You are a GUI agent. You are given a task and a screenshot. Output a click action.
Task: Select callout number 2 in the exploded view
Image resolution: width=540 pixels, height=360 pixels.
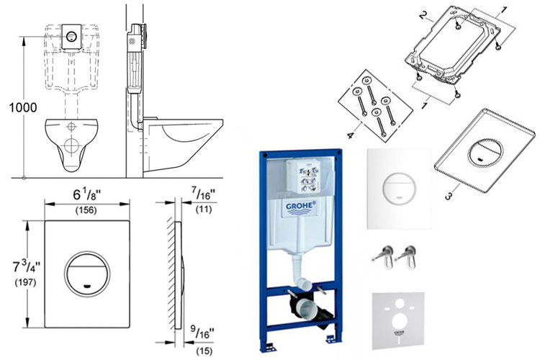pyautogui.click(x=424, y=14)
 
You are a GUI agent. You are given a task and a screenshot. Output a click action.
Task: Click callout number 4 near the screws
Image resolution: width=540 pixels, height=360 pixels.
pyautogui.click(x=351, y=134)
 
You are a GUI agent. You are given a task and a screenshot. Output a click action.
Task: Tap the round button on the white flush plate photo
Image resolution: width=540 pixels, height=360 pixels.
pyautogui.click(x=397, y=189)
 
